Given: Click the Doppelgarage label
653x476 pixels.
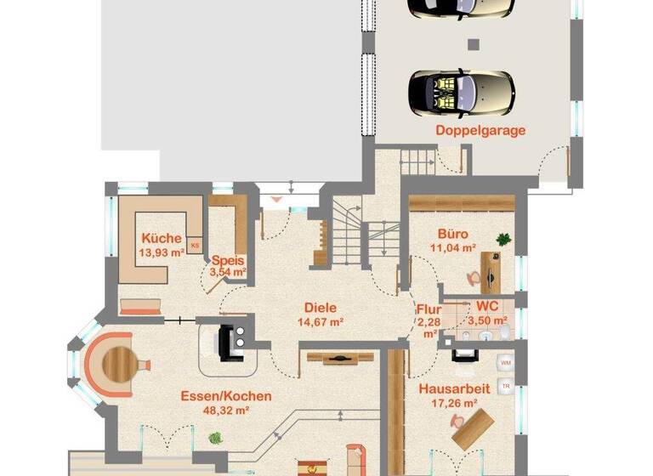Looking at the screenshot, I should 480,130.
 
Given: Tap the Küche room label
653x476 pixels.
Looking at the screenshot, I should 162,238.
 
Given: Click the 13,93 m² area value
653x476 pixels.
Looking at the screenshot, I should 162,252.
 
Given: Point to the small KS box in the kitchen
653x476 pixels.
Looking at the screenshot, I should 195,246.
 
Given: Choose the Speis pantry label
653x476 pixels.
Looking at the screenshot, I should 228,261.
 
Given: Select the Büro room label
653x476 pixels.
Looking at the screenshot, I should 453,233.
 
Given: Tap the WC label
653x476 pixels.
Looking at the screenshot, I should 487,305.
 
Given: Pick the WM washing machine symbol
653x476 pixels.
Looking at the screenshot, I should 505,363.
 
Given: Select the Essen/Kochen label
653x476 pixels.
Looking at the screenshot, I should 226,396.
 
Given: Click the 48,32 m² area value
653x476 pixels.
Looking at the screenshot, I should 226,410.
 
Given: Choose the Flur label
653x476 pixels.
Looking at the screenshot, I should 428,309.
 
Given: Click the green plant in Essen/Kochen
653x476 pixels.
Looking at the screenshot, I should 215,439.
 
